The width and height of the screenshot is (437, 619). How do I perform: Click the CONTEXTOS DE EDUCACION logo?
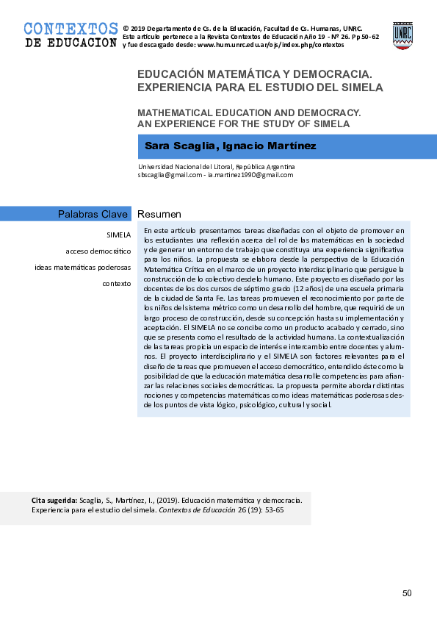71,35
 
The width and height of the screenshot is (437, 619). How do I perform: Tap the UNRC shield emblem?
402,35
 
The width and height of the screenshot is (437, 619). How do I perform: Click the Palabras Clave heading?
93,214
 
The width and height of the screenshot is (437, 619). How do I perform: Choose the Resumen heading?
159,214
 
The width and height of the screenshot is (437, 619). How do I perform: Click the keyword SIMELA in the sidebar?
118,235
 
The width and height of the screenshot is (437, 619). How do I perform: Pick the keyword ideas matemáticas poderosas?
83,267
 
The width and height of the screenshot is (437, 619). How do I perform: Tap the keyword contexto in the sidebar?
117,283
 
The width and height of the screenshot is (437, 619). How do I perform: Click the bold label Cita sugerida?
54,500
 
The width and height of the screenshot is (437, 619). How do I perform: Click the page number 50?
407,593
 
